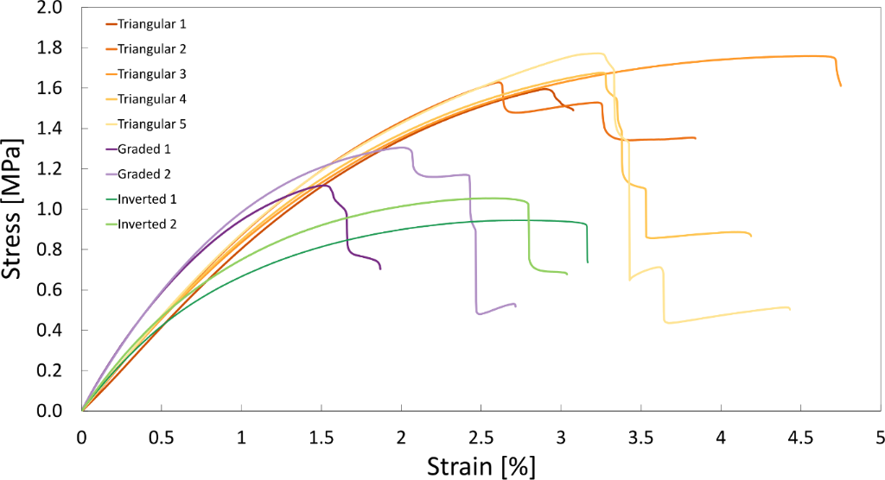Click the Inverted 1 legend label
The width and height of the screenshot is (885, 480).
pos(146,199)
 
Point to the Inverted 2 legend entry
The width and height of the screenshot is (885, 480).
pos(146,224)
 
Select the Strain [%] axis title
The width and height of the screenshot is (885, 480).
pos(481,467)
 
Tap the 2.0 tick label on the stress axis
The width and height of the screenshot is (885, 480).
pos(50,8)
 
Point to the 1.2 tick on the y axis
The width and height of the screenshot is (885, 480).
pos(50,169)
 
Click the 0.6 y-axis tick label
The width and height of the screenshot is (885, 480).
pos(50,290)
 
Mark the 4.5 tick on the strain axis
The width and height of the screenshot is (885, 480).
pos(800,436)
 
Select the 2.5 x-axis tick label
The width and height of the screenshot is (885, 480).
pos(481,436)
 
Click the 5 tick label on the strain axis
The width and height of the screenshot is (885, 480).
pos(880,436)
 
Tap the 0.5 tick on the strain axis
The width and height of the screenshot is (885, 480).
pos(161,436)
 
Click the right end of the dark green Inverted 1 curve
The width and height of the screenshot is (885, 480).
pos(588,262)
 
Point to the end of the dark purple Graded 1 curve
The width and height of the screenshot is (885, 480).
pos(379,268)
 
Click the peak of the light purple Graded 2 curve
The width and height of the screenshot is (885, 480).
pos(402,148)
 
